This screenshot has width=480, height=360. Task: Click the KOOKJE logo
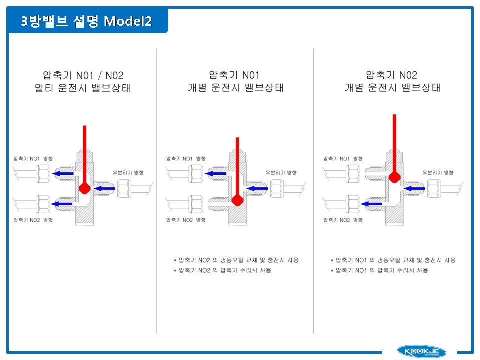(x=421, y=351)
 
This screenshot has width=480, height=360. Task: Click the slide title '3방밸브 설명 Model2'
(x=86, y=21)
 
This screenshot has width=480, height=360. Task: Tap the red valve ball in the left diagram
(x=85, y=188)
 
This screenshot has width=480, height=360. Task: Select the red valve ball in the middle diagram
(x=237, y=200)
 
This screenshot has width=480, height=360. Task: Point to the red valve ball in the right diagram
(x=394, y=177)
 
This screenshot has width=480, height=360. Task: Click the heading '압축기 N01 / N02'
(x=83, y=75)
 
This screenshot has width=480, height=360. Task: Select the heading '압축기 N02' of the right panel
(x=392, y=75)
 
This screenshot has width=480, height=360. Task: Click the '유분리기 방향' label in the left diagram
(x=128, y=172)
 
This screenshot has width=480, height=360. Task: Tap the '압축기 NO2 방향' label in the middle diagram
(x=186, y=220)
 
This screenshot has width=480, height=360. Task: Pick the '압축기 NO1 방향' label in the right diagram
(x=343, y=158)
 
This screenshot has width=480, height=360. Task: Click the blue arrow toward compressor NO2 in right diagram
(x=371, y=204)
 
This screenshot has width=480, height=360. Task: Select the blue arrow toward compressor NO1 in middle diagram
(x=216, y=174)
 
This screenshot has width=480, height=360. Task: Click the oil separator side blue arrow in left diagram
(x=104, y=188)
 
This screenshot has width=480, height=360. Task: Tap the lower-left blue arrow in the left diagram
(x=62, y=204)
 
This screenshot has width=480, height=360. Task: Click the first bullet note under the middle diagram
(x=236, y=260)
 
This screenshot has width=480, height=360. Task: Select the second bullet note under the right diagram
(x=379, y=270)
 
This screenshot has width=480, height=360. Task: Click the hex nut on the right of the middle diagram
(x=277, y=188)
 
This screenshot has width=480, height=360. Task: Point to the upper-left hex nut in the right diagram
(x=352, y=174)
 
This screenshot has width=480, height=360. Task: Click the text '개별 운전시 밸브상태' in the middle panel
(x=236, y=88)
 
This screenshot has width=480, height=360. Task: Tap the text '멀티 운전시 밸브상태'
(x=83, y=88)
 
